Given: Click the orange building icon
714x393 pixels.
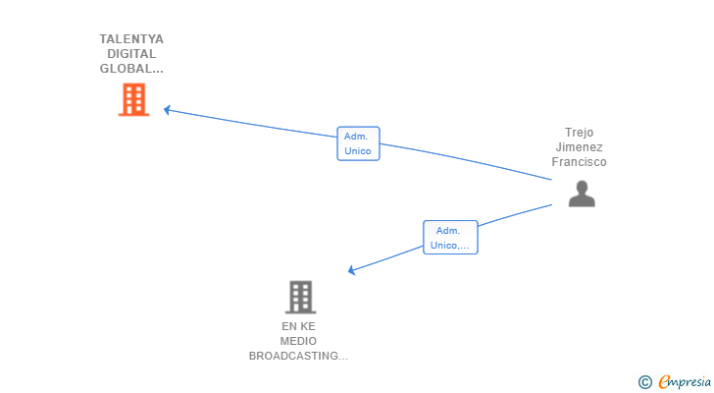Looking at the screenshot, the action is point(133,99).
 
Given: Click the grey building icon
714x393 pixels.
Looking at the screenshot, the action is point(300,298).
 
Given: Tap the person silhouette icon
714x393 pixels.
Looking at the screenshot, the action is point(582,194).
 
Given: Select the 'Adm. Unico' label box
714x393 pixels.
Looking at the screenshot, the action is point(358,143).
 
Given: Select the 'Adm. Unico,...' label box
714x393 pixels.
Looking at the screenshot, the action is point(450,238).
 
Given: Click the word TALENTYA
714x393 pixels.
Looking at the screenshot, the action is point(131,39).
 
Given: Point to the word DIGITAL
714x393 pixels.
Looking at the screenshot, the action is point(131,54).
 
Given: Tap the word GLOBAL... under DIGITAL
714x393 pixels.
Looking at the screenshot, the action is point(131,69).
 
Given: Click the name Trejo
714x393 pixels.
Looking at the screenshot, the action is point(580,133).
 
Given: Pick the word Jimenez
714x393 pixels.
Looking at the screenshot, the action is point(580,147).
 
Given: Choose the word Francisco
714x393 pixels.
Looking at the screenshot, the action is point(580,162).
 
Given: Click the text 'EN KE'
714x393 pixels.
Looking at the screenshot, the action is point(299,326).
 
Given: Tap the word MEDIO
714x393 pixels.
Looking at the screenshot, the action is point(298,341).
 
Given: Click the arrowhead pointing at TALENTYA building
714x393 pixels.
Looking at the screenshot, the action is point(167,110).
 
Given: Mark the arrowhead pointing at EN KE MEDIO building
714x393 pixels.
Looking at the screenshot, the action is point(351,270).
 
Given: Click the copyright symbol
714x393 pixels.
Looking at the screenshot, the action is point(645,382).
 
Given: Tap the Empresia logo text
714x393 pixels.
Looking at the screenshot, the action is point(685,381).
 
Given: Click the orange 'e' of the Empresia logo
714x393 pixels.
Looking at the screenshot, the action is point(664,381).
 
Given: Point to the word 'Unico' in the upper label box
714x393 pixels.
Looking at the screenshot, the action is point(358,151).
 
